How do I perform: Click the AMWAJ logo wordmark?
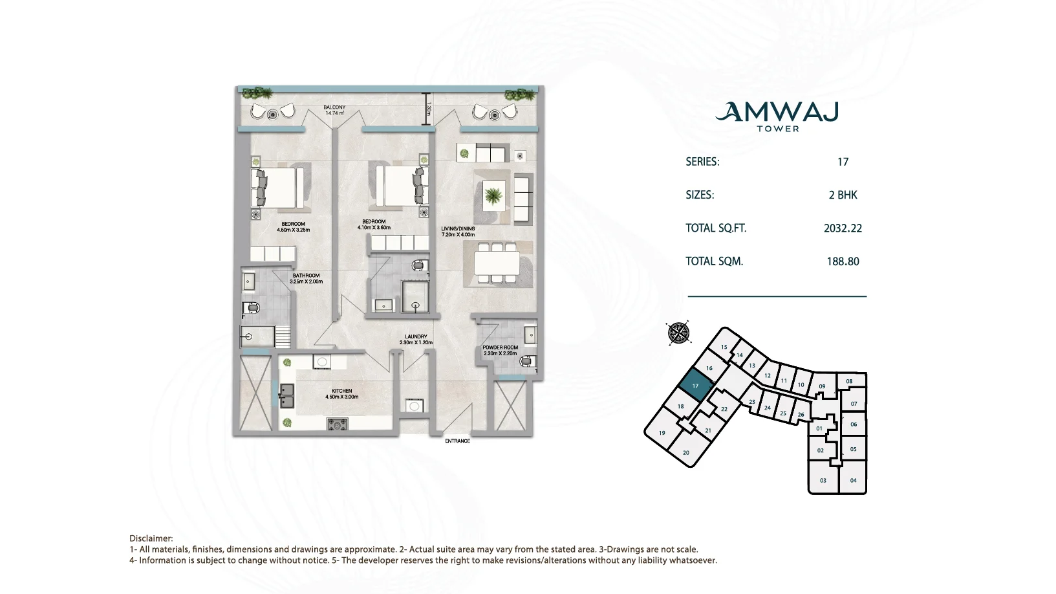point(777,113)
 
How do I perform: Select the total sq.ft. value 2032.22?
point(843,228)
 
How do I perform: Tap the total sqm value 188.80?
point(843,261)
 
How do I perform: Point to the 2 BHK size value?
point(843,195)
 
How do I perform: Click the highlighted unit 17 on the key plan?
point(695,386)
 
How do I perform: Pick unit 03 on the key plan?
point(823,480)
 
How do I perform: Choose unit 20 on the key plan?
point(686,452)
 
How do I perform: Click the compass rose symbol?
point(678,333)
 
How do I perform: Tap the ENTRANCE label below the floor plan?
point(457,441)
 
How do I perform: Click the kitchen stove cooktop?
point(338,424)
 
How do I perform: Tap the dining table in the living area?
point(497,263)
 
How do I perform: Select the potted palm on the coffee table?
point(493,195)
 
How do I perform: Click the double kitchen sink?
point(286,395)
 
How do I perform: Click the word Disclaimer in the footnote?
point(151,538)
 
